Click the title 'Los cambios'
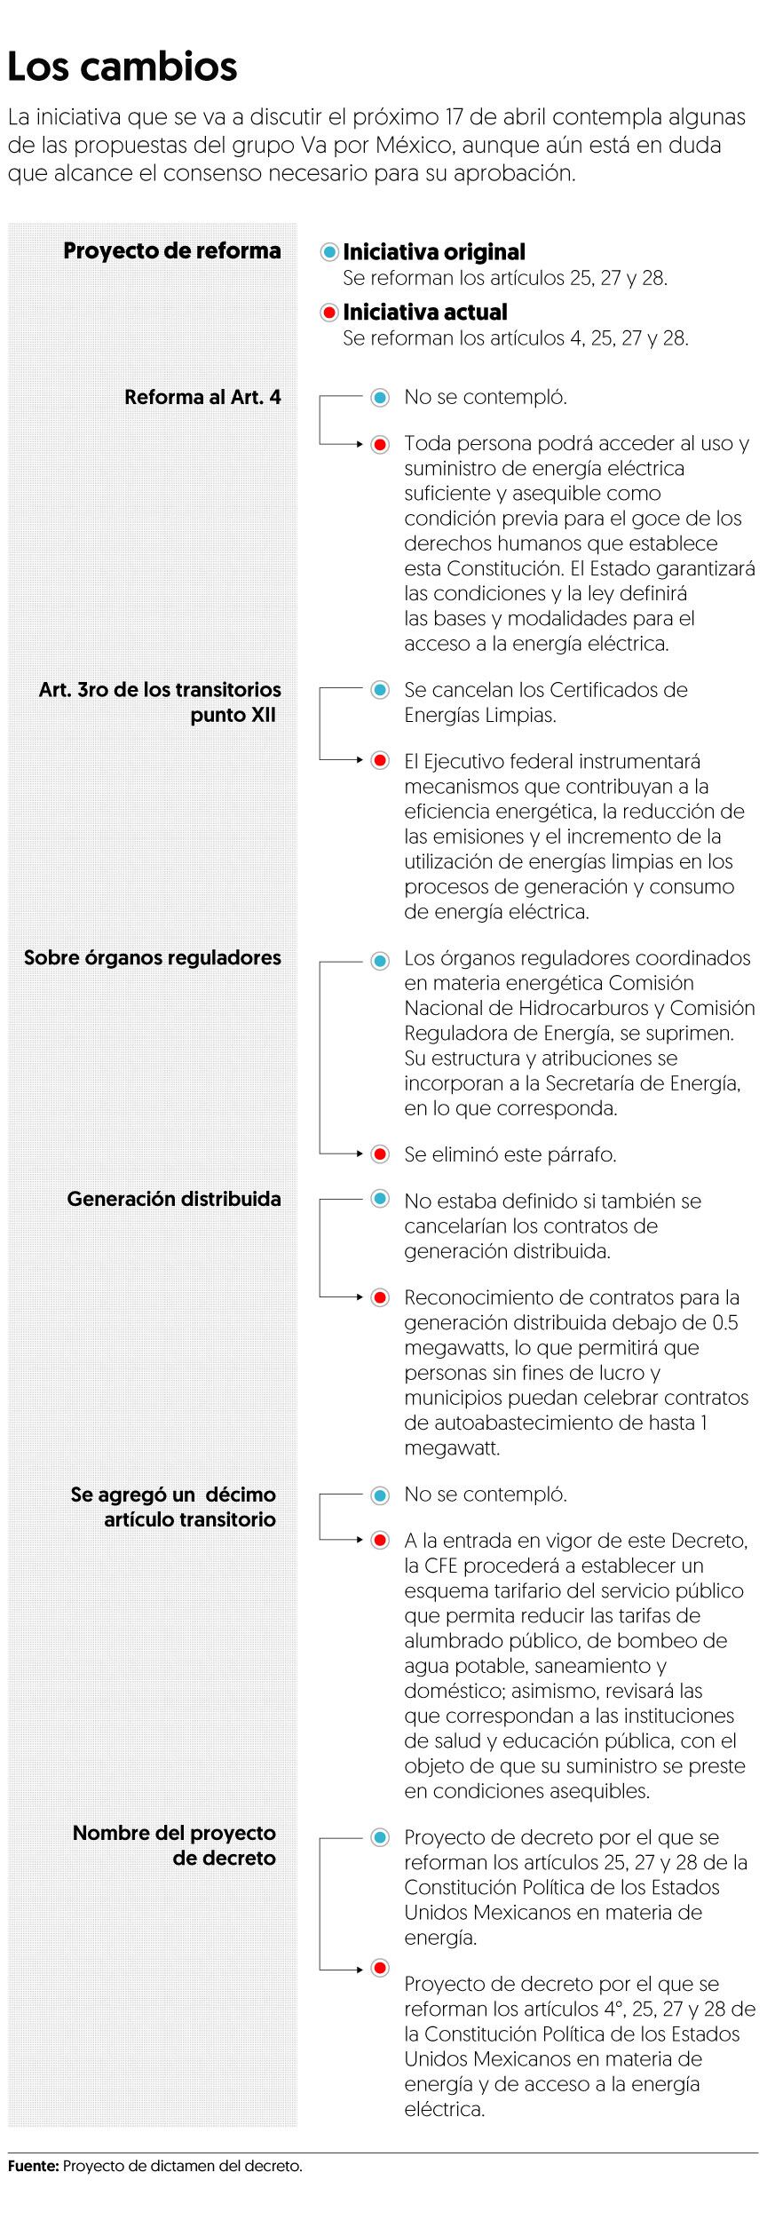[123, 67]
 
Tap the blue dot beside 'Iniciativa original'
[330, 252]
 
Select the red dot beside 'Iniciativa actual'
[330, 313]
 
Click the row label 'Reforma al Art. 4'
[202, 397]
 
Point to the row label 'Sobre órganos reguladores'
[152, 957]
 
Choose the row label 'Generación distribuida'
[174, 1199]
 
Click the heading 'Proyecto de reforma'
[171, 250]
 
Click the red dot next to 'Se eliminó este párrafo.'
[380, 1154]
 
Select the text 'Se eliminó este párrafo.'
[510, 1154]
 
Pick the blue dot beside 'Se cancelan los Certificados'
[380, 690]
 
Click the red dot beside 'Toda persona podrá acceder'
[380, 444]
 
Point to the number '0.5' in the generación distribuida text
[725, 1322]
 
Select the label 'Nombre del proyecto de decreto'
[174, 1845]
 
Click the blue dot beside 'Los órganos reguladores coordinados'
[380, 959]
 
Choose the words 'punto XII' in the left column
[233, 715]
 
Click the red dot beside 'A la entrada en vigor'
[380, 1541]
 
